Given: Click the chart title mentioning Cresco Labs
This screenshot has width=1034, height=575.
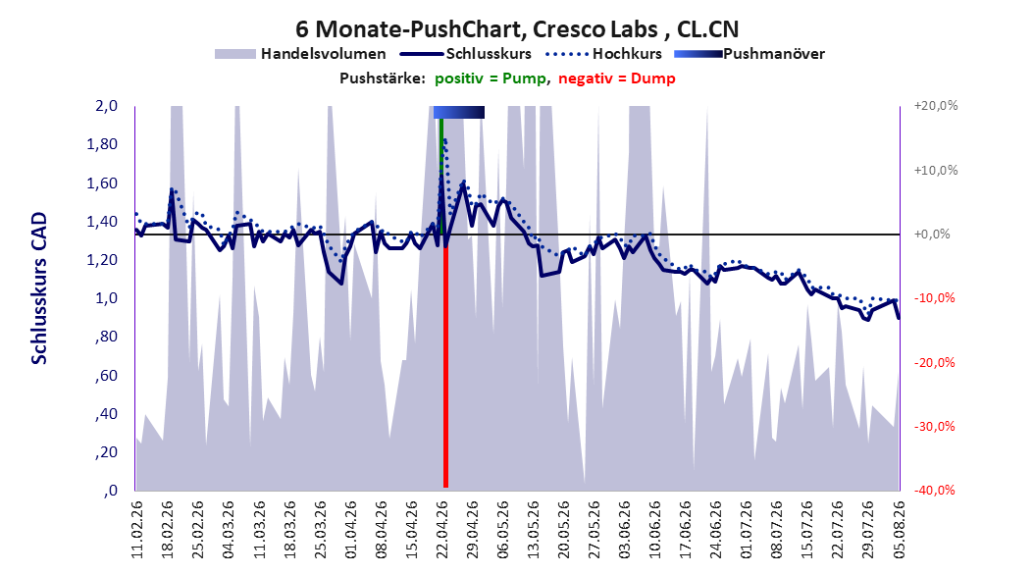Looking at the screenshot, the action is [x=517, y=29].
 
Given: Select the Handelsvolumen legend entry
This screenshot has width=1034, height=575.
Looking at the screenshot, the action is [x=300, y=54].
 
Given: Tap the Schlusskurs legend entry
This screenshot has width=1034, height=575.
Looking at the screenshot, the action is [x=466, y=54].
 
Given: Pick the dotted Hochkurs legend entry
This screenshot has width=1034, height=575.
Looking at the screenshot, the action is [x=604, y=54].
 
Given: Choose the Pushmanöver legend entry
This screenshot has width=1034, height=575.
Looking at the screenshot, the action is [x=750, y=54].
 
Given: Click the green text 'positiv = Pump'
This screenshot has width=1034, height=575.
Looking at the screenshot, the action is [x=491, y=78].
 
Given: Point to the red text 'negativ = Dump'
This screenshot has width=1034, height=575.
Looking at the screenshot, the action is [x=617, y=78].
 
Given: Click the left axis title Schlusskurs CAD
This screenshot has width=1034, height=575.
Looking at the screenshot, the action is [x=39, y=288].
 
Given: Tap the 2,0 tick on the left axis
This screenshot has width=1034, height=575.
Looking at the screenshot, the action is [x=106, y=106].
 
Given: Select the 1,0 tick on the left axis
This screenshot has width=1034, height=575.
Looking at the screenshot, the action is [x=106, y=298].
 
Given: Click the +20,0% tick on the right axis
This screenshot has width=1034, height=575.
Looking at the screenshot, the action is [x=936, y=106].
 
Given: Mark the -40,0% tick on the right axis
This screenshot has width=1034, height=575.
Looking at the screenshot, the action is [x=934, y=490].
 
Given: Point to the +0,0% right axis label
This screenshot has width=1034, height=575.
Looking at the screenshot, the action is [x=932, y=235].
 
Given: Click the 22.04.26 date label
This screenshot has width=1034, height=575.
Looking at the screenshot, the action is [x=442, y=530].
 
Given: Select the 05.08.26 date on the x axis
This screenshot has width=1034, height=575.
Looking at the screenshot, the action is [x=899, y=530].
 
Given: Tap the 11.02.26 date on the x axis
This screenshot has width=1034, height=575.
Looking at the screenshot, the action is [x=137, y=530].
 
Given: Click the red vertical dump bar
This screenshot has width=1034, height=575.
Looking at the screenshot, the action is [x=445, y=367].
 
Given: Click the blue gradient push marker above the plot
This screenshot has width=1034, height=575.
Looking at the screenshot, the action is [x=459, y=112].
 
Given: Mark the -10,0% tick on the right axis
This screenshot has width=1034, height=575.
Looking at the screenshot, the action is [x=934, y=298].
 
